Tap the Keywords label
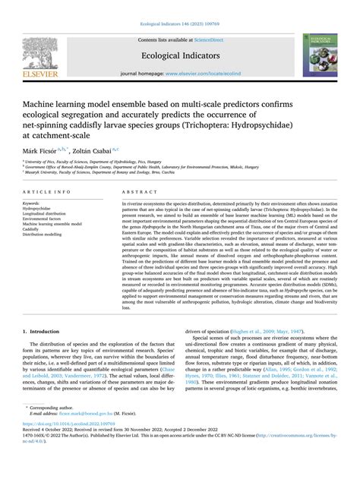34,203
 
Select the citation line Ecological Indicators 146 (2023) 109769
180,6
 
